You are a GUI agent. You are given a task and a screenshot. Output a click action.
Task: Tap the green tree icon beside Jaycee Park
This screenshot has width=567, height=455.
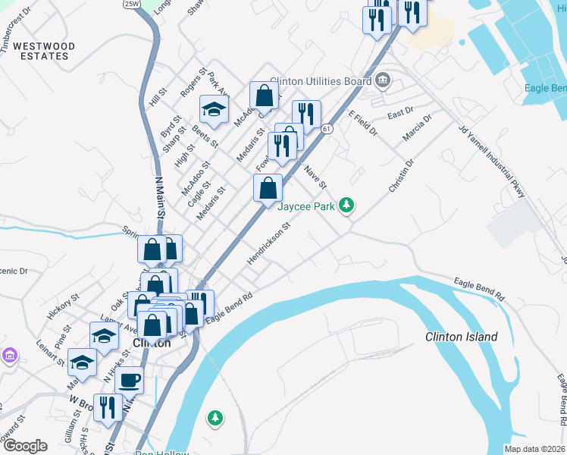347,205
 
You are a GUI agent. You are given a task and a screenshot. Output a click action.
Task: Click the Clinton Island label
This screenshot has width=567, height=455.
462,337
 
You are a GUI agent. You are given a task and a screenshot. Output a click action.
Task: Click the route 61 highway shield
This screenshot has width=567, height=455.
327,130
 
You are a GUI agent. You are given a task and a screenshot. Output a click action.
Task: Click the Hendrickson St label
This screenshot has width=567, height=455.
268,243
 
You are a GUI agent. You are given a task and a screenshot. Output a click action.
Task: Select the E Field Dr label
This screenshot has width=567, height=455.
362,124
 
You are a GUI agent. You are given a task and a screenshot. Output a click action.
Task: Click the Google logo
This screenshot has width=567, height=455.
25,446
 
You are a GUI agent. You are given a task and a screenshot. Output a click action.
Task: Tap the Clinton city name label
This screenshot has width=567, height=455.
152,342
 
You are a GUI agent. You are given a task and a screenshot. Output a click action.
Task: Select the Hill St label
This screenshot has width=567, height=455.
157,96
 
